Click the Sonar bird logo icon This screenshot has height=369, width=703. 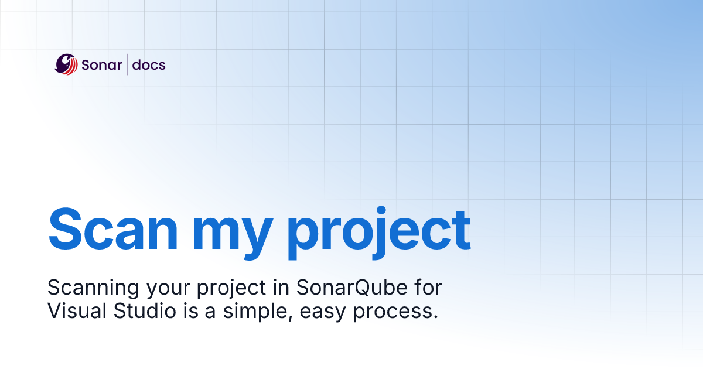coord(66,64)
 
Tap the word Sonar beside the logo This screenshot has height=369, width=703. coord(101,65)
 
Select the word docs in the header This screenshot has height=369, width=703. coord(149,65)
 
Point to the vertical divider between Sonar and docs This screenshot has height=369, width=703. coord(127,64)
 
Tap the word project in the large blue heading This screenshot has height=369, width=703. coord(378,232)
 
